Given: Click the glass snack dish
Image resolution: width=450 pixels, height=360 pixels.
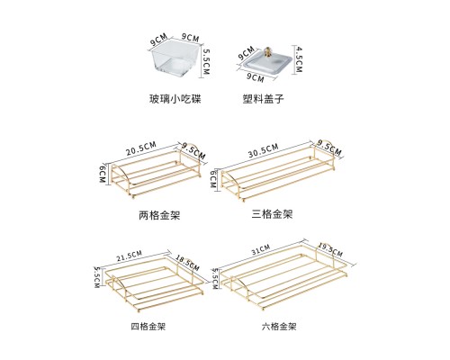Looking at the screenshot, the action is tap(175, 61).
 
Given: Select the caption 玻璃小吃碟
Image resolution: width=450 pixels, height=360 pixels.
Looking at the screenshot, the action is tap(175, 99).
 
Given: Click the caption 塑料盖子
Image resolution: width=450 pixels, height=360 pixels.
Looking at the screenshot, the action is tap(263, 99).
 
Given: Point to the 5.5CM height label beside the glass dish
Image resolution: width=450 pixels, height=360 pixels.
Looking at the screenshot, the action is tap(207, 62).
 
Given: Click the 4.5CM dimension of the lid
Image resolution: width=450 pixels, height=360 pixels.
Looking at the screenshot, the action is tap(299, 59).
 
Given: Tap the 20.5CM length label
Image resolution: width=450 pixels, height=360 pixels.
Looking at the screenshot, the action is tap(141, 148).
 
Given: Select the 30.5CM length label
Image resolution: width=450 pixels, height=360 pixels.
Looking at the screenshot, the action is tap(264, 150).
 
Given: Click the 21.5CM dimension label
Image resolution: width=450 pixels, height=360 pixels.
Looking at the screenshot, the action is tap(129, 256).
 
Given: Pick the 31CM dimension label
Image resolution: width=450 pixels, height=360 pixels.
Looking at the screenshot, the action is tap(261, 249).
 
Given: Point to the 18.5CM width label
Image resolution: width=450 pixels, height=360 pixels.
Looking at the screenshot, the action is tap(187, 263).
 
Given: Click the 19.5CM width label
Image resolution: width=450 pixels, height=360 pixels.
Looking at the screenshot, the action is tap(330, 250).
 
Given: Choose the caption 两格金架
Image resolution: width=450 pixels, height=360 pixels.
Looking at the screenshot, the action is tap(159, 215).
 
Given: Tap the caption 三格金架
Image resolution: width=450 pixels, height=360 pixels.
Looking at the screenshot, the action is tap(272, 214).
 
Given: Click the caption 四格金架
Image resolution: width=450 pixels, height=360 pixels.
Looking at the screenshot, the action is tap(148, 326).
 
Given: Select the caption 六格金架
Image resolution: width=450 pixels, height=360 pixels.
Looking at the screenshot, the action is tap(279, 326).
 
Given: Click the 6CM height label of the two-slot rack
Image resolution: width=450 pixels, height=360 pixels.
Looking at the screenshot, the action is tap(103, 173).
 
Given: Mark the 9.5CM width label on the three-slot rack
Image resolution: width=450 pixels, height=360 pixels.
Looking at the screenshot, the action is tap(329, 148).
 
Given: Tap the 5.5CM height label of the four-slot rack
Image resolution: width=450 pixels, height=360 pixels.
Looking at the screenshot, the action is tap(97, 277).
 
